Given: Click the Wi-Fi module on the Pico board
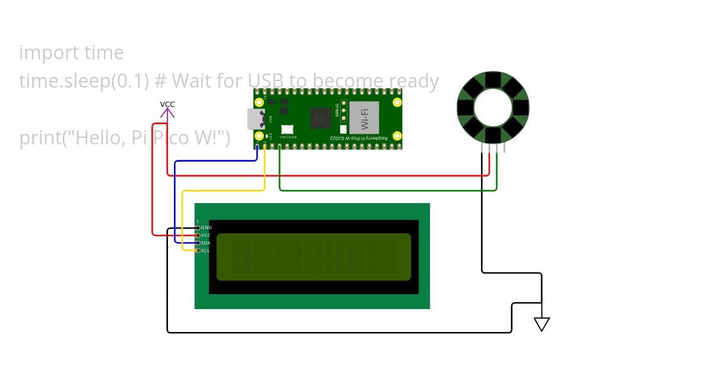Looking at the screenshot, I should point(364,117).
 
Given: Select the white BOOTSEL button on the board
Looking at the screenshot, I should point(288,128).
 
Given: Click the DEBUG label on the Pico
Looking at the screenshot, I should point(336,110).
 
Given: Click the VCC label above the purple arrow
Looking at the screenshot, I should point(167,104).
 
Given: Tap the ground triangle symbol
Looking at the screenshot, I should point(541,324).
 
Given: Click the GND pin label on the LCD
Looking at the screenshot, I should point(206,227).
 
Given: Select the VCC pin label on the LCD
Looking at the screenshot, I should point(206,235).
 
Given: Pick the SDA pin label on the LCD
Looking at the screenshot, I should point(206,243).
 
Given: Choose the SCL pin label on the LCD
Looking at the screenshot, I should point(205,250).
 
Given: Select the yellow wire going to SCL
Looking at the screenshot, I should point(182,219).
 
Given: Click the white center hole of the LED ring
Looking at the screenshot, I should point(493,107).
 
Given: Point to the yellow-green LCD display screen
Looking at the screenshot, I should point(314,256).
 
